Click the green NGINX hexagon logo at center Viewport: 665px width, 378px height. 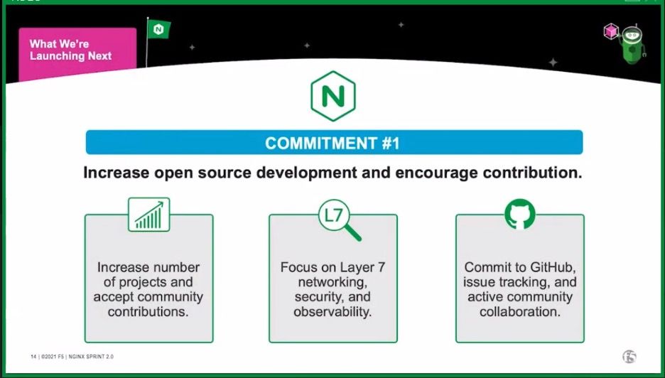[332, 96]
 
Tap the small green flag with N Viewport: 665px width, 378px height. [158, 29]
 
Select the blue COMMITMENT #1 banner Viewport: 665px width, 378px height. [334, 143]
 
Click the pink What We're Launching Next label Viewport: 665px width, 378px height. [77, 50]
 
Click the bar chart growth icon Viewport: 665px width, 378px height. [149, 215]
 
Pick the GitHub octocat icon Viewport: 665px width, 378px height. [520, 214]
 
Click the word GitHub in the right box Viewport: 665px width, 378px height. [551, 267]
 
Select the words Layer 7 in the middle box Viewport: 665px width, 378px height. [361, 267]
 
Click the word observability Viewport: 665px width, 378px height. [333, 312]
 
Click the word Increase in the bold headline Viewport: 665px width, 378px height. [117, 173]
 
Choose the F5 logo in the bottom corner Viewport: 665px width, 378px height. [628, 356]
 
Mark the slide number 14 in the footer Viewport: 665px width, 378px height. [33, 356]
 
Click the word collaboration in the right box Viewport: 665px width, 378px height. [520, 312]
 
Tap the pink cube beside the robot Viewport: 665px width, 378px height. [610, 31]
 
